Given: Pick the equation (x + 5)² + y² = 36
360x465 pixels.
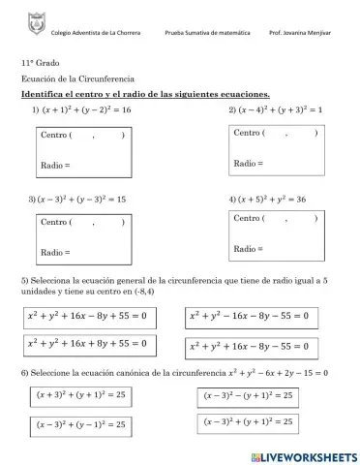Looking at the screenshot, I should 274,199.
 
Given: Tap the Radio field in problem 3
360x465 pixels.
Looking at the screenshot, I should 82,252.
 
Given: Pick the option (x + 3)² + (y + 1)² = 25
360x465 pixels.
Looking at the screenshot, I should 80,395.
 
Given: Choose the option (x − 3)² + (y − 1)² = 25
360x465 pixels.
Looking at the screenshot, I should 80,424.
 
